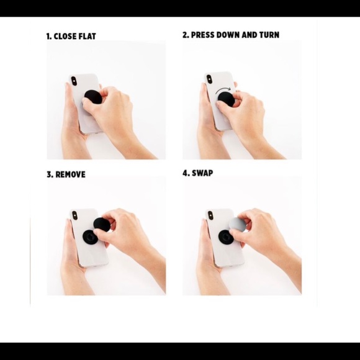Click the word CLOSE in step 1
pos(65,36)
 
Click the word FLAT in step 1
pos(88,36)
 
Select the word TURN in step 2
pos(269,35)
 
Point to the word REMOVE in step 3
pos(70,174)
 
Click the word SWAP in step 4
pos(202,173)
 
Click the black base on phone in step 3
pos(90,236)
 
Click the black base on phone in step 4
pos(225,236)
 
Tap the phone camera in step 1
pos(74,81)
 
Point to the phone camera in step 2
pos(209,79)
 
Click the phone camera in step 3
pos(74,215)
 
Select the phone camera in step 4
pos(210,215)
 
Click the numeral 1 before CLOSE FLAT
pos(48,36)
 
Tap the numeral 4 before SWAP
pos(186,173)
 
